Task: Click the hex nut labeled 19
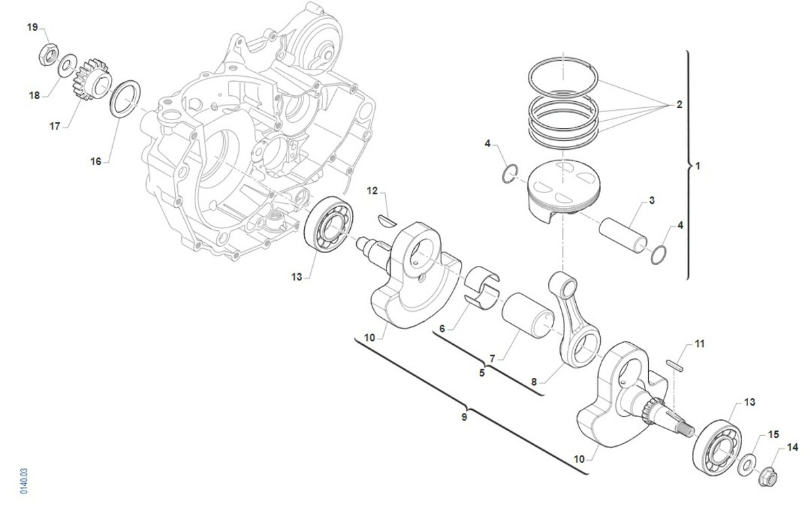point(48,55)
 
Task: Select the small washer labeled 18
point(68,65)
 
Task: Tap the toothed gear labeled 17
point(92,80)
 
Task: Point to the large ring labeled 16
point(125,99)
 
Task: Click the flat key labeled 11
point(675,366)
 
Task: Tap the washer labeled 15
point(747,465)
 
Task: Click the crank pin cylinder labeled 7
point(528,315)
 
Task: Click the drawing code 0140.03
point(24,481)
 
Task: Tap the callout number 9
point(464,417)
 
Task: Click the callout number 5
point(481,372)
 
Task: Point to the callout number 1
point(698,166)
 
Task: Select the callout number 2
point(679,105)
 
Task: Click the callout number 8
point(534,382)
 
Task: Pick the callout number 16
point(95,161)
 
